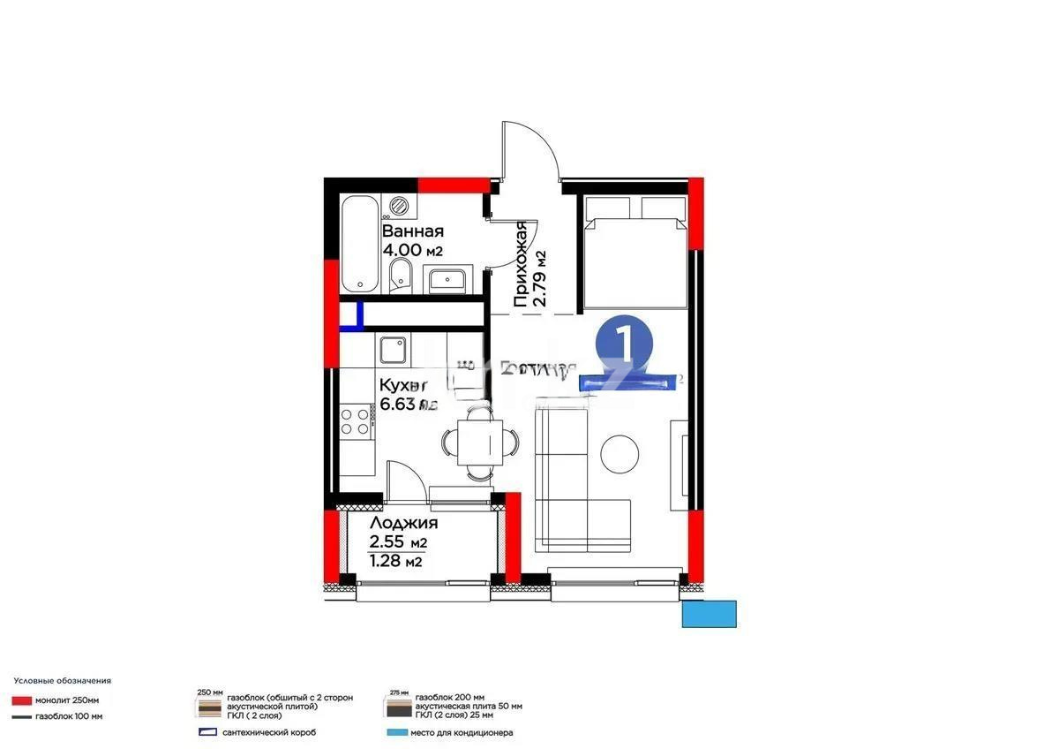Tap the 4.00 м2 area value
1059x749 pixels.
pyautogui.click(x=411, y=251)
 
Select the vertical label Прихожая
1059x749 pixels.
pyautogui.click(x=522, y=264)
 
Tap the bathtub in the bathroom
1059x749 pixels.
pyautogui.click(x=360, y=244)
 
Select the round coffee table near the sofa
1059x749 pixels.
pyautogui.click(x=620, y=453)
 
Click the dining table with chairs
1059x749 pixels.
pyautogui.click(x=477, y=439)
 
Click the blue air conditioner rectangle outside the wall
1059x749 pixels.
pyautogui.click(x=709, y=613)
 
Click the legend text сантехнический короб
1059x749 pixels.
pyautogui.click(x=269, y=732)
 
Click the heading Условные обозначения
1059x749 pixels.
pyautogui.click(x=62, y=681)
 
